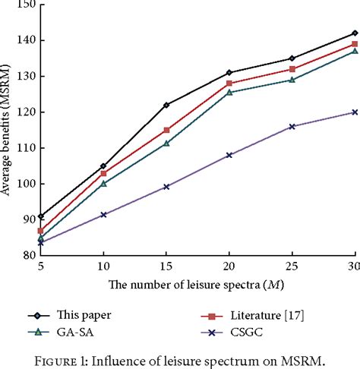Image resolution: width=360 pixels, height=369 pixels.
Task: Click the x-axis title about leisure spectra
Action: click(191, 285)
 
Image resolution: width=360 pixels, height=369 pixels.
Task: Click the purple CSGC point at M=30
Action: click(355, 112)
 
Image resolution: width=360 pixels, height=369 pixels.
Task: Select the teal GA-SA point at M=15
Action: click(166, 143)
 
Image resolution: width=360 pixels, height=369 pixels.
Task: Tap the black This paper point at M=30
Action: click(355, 33)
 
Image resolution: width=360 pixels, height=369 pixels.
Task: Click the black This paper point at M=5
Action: click(40, 216)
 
